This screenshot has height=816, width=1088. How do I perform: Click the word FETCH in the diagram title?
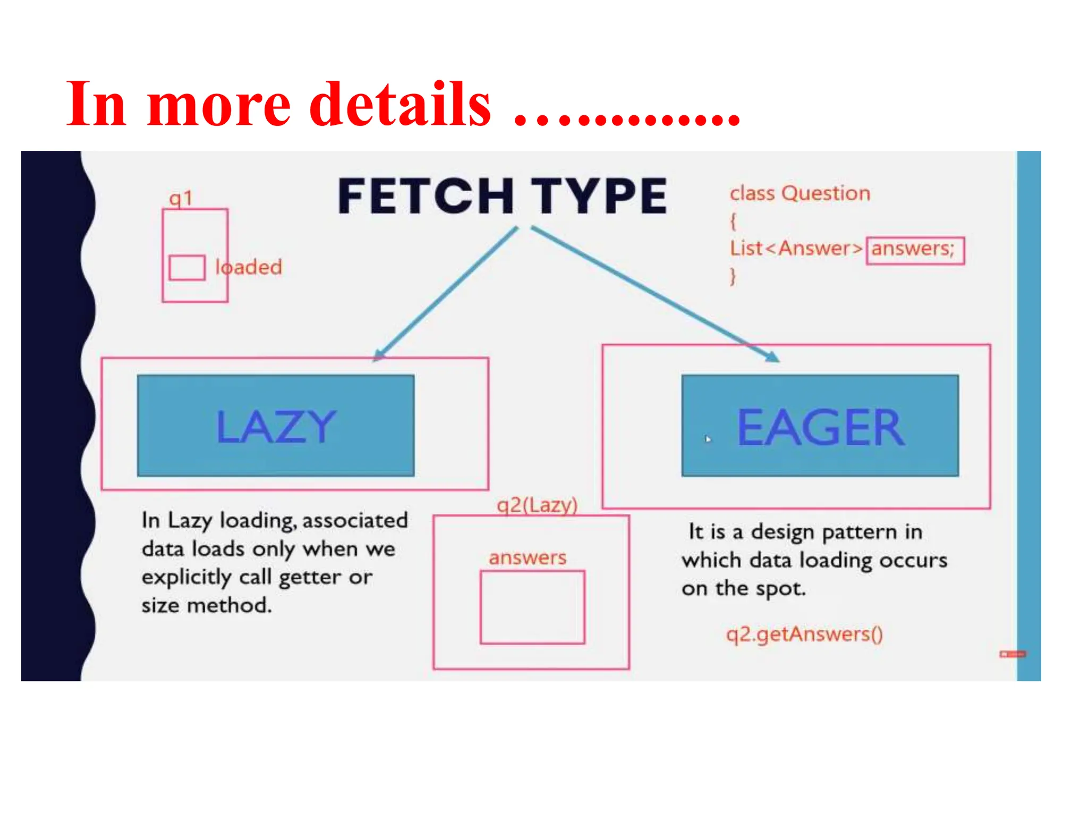(x=426, y=196)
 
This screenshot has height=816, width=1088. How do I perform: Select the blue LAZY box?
(x=276, y=426)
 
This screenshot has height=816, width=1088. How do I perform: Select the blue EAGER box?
(x=820, y=426)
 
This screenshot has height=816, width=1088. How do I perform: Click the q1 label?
(x=181, y=199)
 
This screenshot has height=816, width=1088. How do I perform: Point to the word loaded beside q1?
(x=249, y=267)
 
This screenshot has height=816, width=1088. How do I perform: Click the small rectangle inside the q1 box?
(x=187, y=268)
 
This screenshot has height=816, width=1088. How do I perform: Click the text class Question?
(x=800, y=193)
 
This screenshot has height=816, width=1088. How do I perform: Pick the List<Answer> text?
(x=795, y=249)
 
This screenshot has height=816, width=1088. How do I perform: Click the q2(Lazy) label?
(x=537, y=505)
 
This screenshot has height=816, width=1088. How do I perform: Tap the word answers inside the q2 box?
(x=528, y=558)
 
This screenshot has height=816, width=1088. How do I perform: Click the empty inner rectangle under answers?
(x=532, y=607)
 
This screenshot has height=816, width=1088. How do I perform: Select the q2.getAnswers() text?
(x=804, y=634)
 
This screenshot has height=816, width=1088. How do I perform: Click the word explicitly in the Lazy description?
(x=186, y=577)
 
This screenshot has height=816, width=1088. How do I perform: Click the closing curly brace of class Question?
(x=733, y=276)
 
